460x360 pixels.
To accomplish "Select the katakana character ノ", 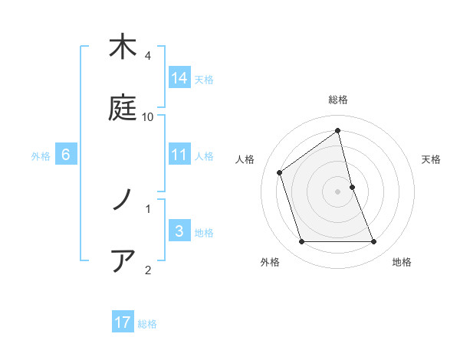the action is [123, 200].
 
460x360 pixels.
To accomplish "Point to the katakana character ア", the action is [123, 261].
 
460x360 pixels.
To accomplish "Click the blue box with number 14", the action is [179, 77].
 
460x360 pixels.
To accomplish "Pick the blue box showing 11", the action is [179, 155].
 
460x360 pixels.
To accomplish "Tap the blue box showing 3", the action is [179, 231].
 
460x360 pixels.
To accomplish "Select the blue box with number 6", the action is [66, 155].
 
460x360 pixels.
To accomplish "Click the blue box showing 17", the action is [123, 322].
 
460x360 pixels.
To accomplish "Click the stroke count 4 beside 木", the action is [148, 56].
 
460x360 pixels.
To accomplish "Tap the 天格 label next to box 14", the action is [204, 79].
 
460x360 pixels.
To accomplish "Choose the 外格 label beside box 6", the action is [41, 156].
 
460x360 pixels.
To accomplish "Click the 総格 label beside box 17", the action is [147, 324].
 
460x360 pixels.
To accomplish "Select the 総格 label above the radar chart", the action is [338, 100].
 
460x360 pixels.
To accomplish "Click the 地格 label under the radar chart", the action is [402, 262].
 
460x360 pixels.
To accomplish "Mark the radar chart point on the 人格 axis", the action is [280, 172].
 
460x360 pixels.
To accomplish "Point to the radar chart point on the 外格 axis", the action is [301, 242].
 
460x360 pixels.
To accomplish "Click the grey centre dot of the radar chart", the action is [338, 191].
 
